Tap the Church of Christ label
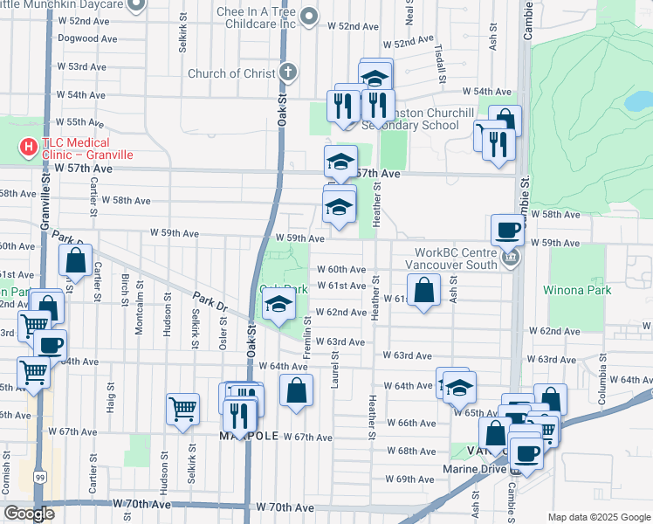(x=231, y=73)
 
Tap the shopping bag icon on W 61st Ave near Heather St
(x=423, y=291)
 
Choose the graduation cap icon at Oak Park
(x=278, y=305)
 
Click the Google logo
(x=29, y=514)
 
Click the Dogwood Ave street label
(x=87, y=38)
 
